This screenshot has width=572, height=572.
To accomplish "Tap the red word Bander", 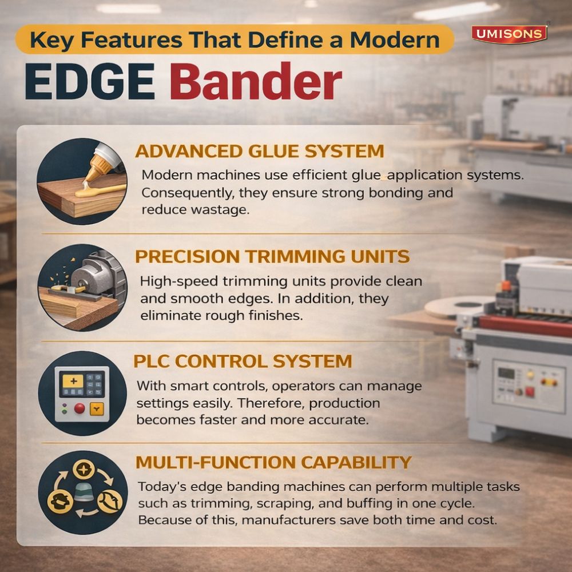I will (x=256, y=84).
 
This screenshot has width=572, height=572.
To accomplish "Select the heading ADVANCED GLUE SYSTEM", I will (x=259, y=151).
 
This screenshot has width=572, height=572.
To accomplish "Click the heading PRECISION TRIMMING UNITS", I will (x=272, y=256).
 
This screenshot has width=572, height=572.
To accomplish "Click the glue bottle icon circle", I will (x=82, y=181).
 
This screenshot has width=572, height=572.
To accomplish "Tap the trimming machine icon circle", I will (x=82, y=287).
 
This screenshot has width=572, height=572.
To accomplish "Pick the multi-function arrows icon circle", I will (x=82, y=492).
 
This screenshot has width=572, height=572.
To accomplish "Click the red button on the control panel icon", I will (x=80, y=408).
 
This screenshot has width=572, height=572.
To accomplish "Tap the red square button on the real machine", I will (x=529, y=392).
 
